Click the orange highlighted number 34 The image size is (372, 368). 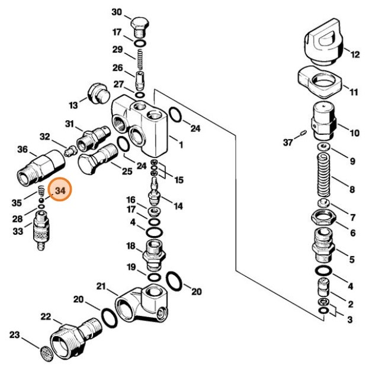pos(60,191)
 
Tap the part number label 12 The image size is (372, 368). pos(355,55)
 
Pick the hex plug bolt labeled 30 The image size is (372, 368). pos(140,27)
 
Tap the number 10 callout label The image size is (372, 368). pos(354,133)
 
